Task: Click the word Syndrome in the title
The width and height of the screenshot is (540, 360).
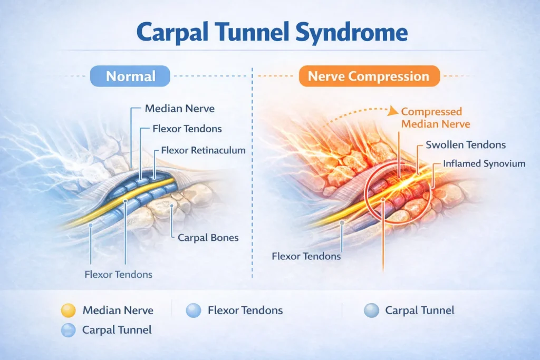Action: point(351,33)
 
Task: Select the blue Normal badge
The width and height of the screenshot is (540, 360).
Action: point(130,76)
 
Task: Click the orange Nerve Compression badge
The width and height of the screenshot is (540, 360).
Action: point(369,76)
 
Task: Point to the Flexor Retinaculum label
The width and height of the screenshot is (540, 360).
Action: point(203,150)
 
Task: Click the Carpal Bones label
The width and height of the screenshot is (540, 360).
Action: point(208,238)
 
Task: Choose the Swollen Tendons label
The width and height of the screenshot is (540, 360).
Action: point(466,144)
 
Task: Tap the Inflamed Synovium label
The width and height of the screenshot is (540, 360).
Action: point(484,163)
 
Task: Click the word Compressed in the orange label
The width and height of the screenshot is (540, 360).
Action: point(431,112)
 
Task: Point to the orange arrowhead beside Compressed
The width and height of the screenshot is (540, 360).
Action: point(392,111)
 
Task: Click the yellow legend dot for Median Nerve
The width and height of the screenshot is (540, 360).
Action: point(68,310)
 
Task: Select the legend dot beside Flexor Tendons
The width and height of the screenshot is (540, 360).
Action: point(193,310)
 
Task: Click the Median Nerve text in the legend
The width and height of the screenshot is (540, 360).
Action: point(118,310)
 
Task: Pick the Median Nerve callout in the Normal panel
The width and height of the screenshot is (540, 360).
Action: point(180,109)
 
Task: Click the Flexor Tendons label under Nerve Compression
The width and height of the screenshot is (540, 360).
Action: point(306,256)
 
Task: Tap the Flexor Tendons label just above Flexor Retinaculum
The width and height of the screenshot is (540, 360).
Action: point(187,129)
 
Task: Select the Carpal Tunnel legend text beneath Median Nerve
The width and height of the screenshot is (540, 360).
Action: point(117,330)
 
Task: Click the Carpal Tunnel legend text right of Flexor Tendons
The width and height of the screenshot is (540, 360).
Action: point(420,310)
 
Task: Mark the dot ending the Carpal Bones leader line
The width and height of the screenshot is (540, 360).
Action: point(171,206)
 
